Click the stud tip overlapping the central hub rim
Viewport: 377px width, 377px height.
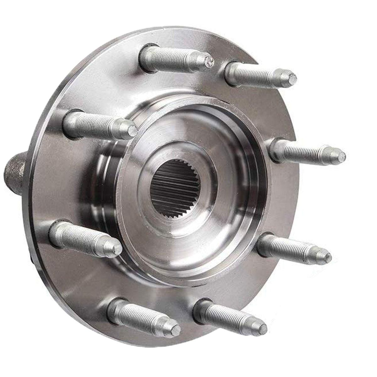(132, 129)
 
